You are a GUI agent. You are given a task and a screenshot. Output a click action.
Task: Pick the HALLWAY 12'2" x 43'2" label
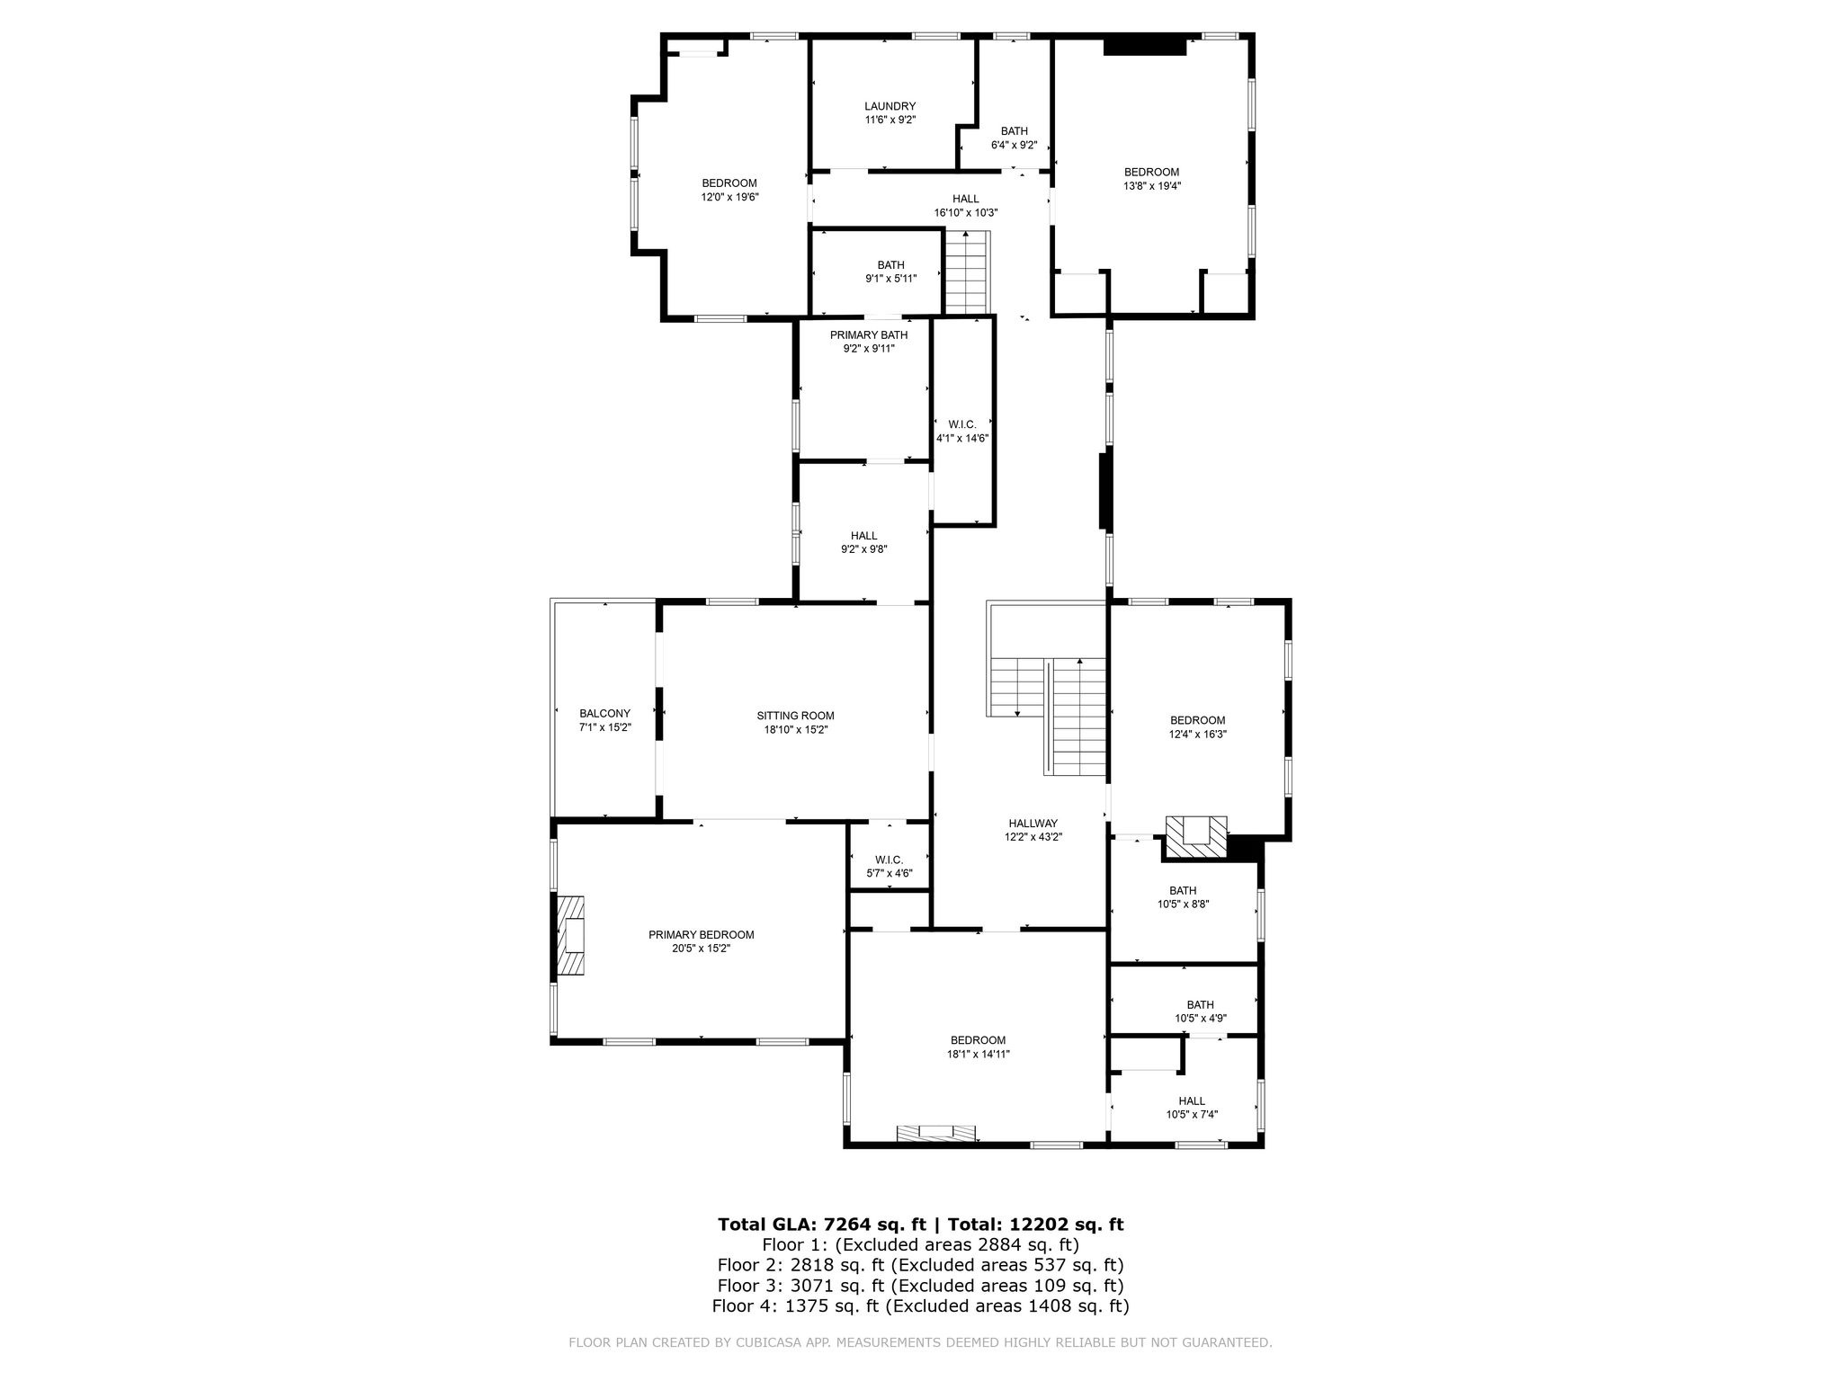(x=1033, y=830)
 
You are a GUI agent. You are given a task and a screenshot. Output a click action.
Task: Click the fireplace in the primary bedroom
(x=570, y=935)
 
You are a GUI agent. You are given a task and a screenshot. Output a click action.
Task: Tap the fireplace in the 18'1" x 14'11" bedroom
(x=935, y=1133)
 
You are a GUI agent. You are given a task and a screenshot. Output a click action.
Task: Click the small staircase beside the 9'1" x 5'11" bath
(x=967, y=272)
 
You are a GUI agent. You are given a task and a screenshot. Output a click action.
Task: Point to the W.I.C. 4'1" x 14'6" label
(x=962, y=431)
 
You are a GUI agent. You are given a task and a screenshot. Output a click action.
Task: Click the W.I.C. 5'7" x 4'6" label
(x=889, y=866)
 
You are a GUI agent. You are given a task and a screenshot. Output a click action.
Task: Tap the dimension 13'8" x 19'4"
(x=1152, y=186)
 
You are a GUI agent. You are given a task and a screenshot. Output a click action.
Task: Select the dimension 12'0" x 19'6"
(x=730, y=197)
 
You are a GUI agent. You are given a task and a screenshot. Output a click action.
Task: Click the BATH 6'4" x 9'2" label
(x=1015, y=138)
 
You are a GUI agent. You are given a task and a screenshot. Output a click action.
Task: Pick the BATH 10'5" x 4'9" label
(x=1201, y=1011)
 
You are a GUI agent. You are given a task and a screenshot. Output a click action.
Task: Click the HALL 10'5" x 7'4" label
(x=1192, y=1107)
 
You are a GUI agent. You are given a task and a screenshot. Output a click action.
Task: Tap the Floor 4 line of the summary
(x=920, y=1305)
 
